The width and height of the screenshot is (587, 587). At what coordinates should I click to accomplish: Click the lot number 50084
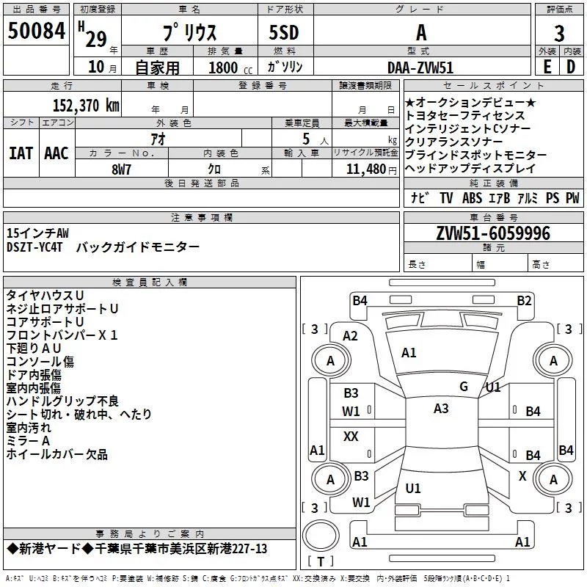36,32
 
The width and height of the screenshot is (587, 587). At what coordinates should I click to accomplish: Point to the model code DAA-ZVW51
420,67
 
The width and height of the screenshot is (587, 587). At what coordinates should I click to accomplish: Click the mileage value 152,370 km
86,105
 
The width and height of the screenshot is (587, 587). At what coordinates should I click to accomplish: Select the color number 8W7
122,169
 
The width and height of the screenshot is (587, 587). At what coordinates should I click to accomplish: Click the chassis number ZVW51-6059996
492,233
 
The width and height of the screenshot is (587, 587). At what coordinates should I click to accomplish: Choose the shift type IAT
21,153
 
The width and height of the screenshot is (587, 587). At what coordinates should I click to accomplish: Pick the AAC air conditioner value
56,153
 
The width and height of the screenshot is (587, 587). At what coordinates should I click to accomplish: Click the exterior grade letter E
547,67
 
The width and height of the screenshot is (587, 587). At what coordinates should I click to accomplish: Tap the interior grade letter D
571,67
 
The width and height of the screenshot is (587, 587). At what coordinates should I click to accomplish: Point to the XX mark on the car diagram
351,437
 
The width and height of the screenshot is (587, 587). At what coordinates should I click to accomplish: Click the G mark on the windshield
464,387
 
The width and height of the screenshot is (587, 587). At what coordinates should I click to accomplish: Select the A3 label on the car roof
441,409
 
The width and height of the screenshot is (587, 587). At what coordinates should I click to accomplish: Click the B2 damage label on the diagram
524,300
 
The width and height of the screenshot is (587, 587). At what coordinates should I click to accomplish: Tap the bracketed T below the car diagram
321,562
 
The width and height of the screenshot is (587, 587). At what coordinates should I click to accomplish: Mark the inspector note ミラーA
28,441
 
